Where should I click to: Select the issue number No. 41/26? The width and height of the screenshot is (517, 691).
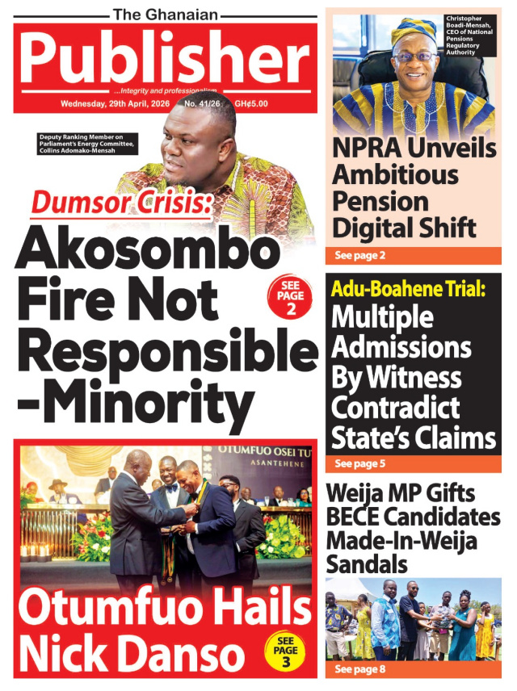205,105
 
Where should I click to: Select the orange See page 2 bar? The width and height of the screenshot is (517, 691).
412,256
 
